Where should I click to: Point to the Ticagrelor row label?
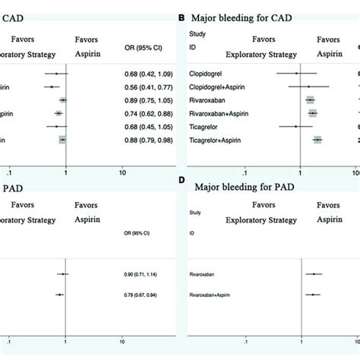[204, 126]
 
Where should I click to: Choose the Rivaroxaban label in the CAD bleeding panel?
[207, 99]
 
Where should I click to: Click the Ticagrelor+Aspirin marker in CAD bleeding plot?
[317, 140]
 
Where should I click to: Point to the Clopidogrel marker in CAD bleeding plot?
[297, 74]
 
